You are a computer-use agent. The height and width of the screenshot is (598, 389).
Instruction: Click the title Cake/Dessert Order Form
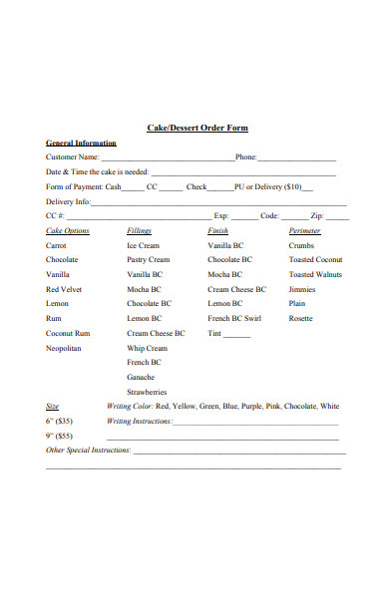[196, 129]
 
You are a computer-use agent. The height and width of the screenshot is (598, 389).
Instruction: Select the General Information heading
[81, 144]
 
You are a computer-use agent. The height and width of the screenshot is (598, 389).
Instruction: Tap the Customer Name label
[73, 157]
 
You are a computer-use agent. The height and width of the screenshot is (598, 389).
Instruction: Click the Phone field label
[245, 157]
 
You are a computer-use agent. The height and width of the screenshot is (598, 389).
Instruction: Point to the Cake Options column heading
[68, 230]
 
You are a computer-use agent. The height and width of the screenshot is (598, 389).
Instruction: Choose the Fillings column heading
[139, 230]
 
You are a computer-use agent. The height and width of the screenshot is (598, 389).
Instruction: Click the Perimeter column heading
[304, 230]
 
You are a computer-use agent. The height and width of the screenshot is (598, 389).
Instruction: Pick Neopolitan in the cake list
[64, 349]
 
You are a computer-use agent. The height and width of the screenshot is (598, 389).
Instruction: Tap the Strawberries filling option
[146, 393]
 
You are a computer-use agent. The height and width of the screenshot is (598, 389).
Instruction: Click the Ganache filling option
[141, 378]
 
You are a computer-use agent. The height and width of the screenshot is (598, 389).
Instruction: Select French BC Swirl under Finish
[233, 319]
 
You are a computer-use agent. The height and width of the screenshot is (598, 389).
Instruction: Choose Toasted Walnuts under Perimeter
[315, 274]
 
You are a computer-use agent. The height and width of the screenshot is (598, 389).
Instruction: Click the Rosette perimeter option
[300, 319]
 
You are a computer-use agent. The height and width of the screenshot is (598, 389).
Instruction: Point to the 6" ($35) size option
[60, 421]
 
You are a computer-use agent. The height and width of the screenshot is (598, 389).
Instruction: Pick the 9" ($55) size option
[60, 436]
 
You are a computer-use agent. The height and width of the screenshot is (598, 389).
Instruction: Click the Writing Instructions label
[139, 421]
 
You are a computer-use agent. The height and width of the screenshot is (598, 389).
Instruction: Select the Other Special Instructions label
[89, 450]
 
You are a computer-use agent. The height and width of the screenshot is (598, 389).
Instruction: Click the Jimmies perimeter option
[302, 289]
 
